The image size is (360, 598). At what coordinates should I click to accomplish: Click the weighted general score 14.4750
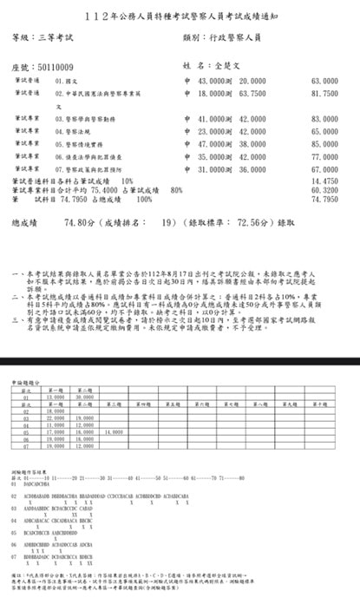pyautogui.click(x=324, y=180)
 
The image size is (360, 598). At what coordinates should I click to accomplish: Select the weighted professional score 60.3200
pyautogui.click(x=324, y=188)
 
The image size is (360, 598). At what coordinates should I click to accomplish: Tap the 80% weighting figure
pyautogui.click(x=177, y=188)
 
